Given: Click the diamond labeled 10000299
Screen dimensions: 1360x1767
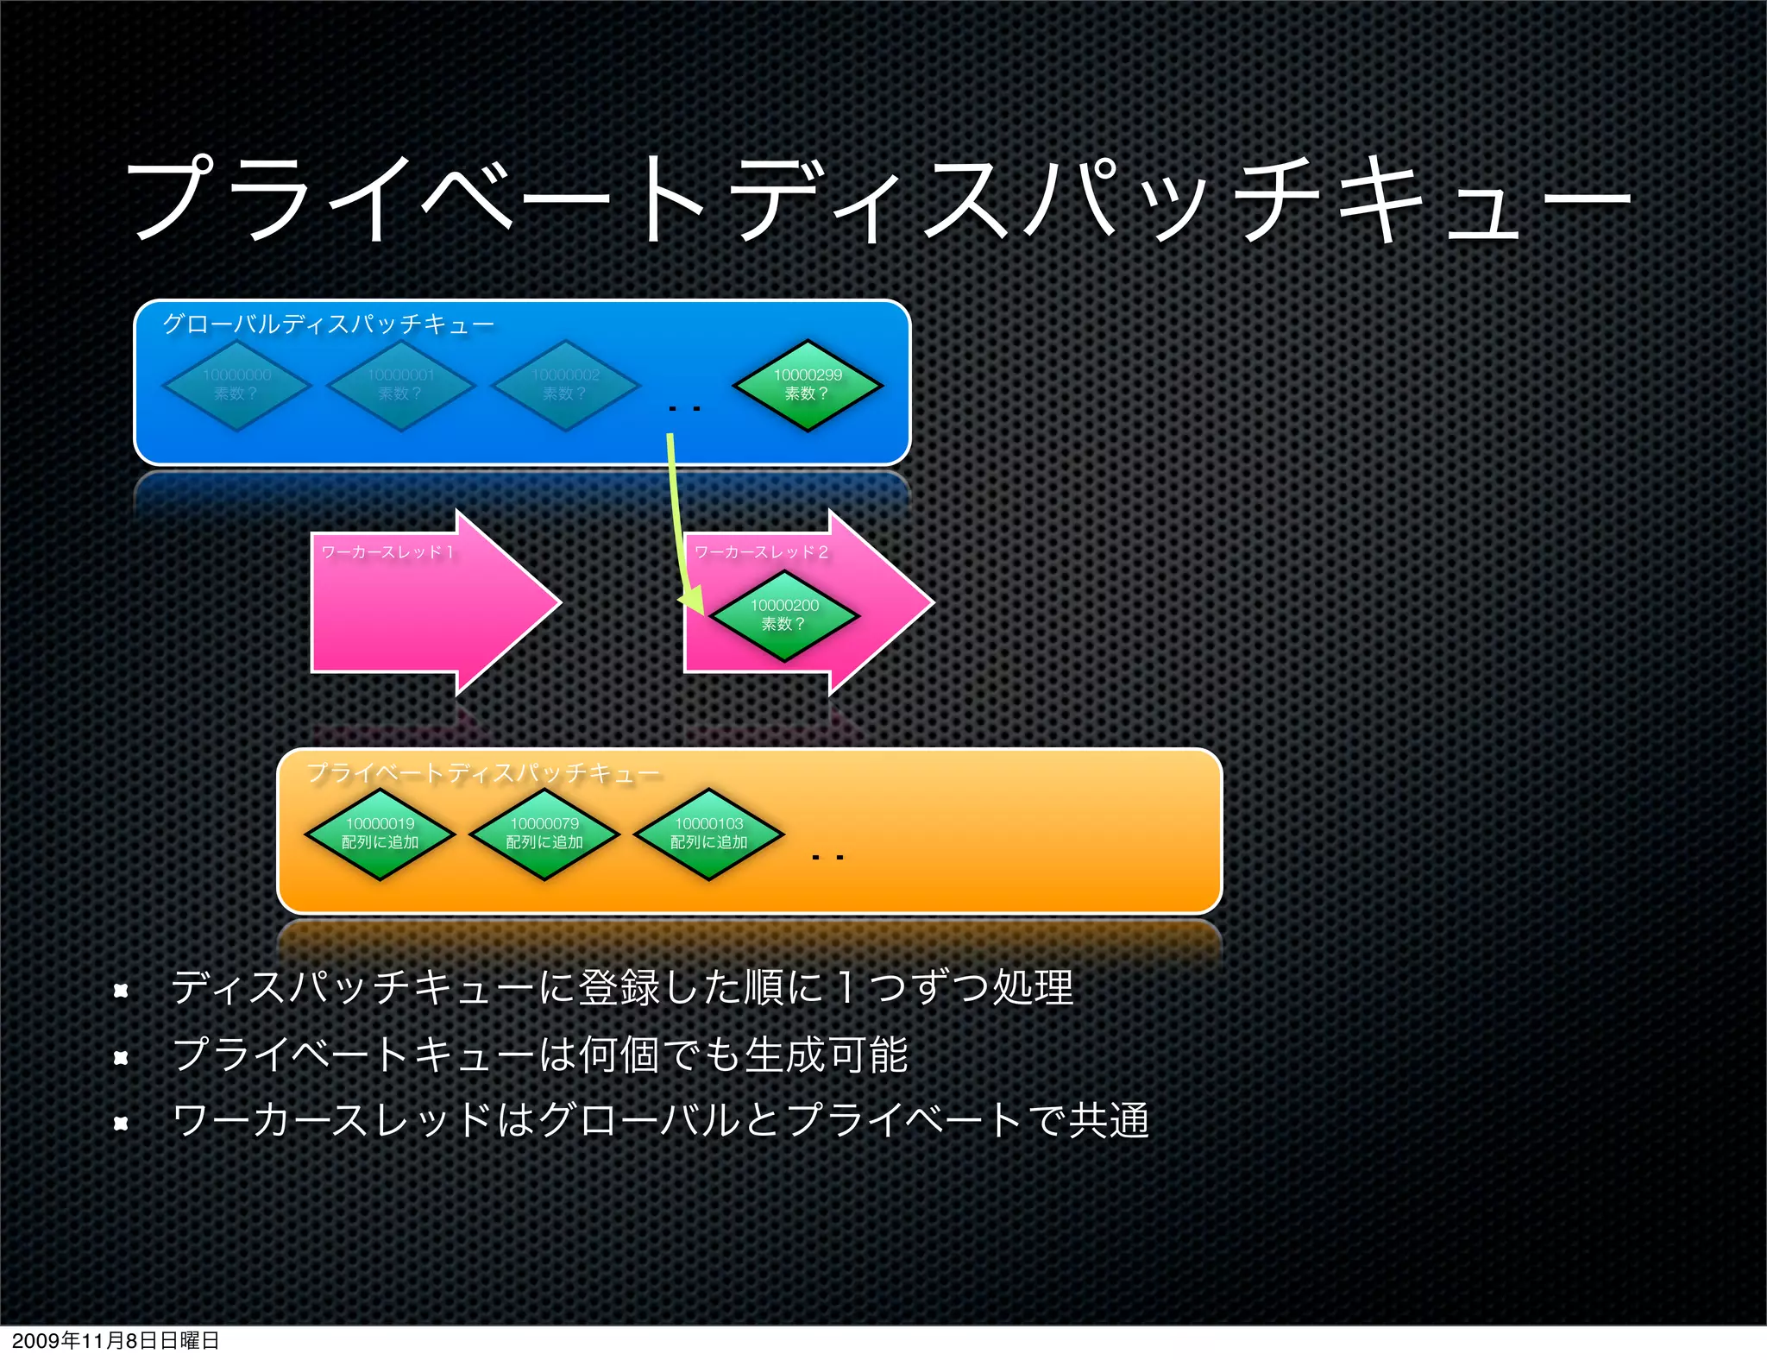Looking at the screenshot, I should pos(808,385).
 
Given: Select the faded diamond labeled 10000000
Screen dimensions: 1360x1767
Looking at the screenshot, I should pos(236,385).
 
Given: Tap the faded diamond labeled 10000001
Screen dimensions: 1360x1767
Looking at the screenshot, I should pos(401,385).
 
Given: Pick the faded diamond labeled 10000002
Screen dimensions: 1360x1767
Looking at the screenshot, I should pos(566,385).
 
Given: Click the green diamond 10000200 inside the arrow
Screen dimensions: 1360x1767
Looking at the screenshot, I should pos(784,615).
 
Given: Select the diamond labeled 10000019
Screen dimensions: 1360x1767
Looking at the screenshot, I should pos(380,834).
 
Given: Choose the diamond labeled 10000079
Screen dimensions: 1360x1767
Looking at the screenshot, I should pos(544,834).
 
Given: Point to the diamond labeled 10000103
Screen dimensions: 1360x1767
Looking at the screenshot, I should pos(708,834).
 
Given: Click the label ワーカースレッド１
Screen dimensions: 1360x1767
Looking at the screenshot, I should pos(387,552).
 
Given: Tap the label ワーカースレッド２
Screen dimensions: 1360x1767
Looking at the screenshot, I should pos(761,552).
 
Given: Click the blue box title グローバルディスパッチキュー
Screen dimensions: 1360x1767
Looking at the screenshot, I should pos(328,324).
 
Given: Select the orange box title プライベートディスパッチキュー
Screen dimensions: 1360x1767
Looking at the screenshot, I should pos(483,772).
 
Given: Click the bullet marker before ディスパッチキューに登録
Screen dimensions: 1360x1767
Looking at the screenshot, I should pos(121,991).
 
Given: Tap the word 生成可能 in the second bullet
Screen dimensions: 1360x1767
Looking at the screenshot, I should pos(826,1055).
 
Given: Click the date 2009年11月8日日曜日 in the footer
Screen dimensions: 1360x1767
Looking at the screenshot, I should pos(116,1340).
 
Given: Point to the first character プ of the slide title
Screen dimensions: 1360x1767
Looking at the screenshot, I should pos(173,198).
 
